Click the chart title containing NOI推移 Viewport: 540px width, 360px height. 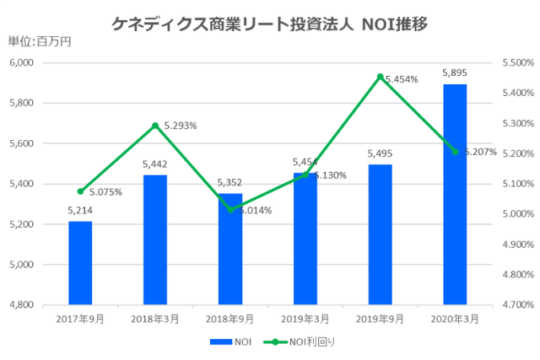click(269, 24)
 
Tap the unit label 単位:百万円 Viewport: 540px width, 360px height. click(34, 42)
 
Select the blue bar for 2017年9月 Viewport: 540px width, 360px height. click(80, 262)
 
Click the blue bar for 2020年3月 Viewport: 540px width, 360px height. click(455, 194)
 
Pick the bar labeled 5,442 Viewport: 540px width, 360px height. click(155, 239)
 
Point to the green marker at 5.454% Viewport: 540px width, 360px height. click(381, 77)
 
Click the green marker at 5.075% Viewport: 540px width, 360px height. click(80, 191)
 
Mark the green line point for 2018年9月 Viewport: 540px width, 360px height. click(230, 209)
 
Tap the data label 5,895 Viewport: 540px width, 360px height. click(455, 73)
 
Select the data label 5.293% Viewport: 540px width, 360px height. click(180, 126)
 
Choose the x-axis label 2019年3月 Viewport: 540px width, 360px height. click(305, 319)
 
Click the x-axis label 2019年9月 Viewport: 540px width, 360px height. click(380, 319)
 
